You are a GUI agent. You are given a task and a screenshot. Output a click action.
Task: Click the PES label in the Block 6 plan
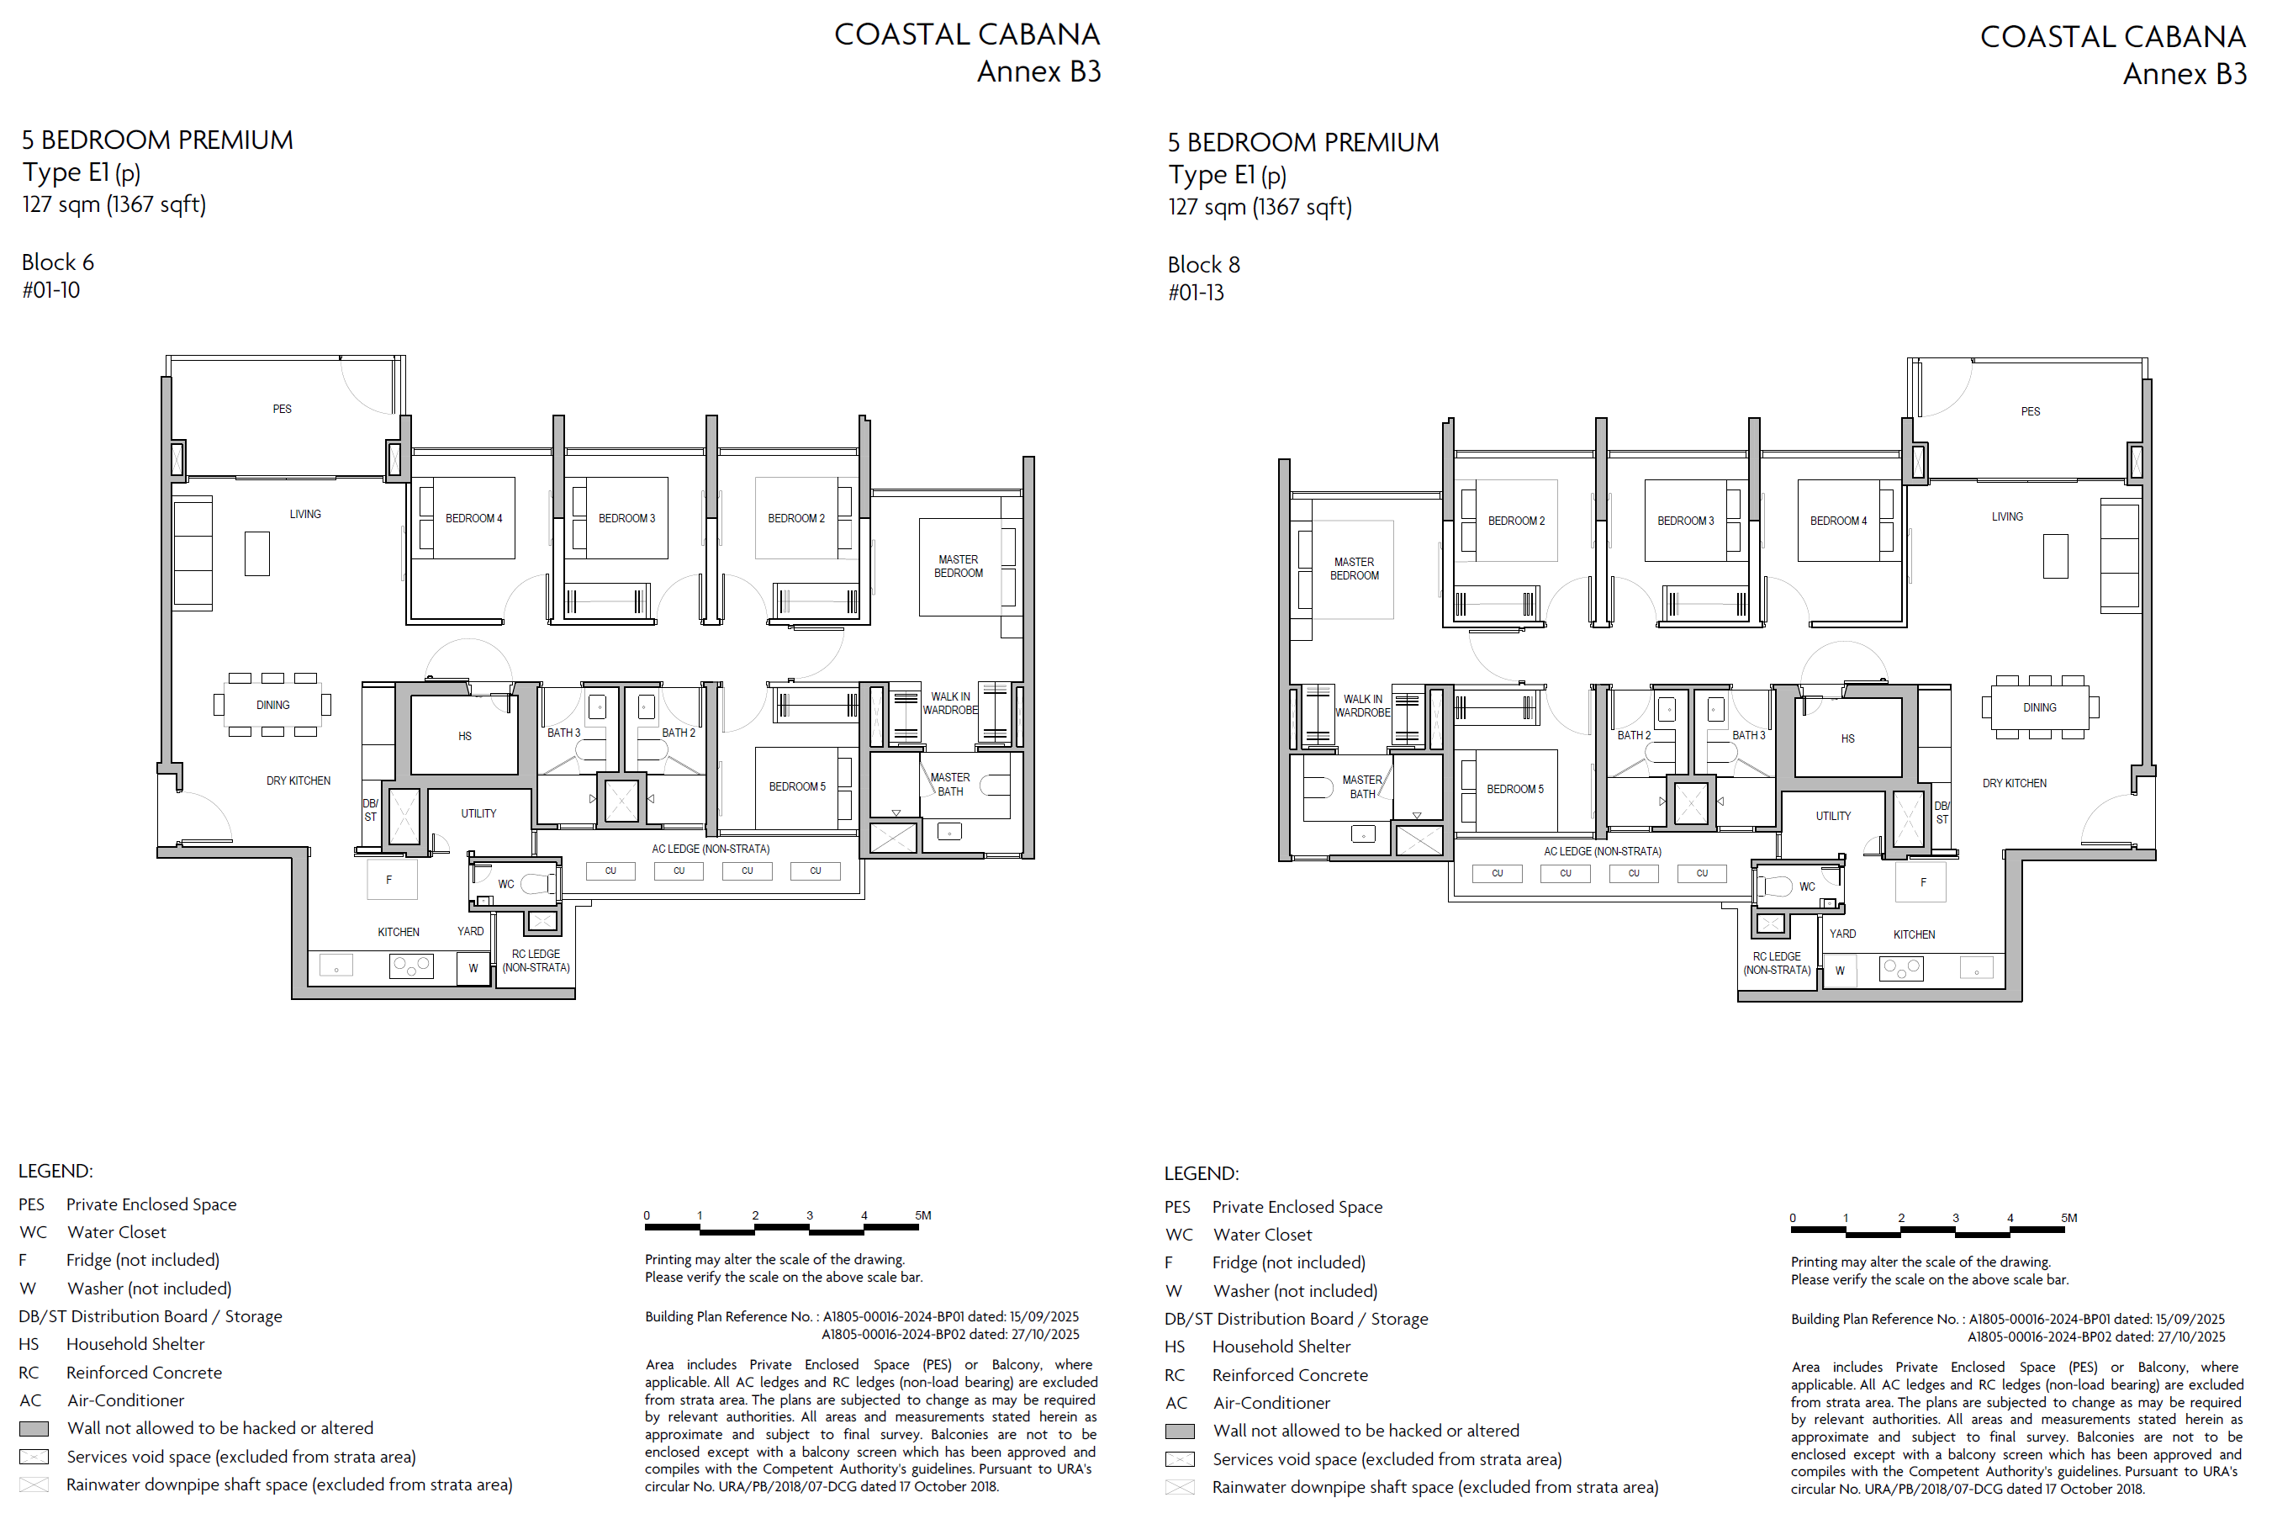coord(282,410)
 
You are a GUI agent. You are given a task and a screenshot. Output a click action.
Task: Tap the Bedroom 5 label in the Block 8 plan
coord(1514,789)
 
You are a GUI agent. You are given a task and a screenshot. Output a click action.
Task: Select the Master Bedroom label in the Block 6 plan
coord(958,567)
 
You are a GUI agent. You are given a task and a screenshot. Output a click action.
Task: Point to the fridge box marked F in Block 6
coord(392,880)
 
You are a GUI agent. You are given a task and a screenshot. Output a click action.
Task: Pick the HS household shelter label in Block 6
coord(464,737)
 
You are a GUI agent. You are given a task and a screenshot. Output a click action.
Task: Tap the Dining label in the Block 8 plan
coord(2039,707)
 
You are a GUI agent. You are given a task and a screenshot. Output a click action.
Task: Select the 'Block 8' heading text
coord(1204,264)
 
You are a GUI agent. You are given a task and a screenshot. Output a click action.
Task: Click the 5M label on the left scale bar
coord(923,1215)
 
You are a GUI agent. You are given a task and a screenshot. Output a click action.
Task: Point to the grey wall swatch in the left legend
coord(34,1429)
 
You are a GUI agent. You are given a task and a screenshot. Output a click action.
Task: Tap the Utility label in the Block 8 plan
coord(1833,817)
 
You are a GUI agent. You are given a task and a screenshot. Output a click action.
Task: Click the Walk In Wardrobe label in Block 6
coord(950,704)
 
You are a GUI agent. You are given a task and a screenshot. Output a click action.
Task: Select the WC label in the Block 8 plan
coord(1807,886)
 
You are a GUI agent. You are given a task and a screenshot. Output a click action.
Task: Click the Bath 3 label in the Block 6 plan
coord(563,733)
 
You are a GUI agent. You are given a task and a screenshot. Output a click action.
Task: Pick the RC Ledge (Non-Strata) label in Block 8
coord(1777,963)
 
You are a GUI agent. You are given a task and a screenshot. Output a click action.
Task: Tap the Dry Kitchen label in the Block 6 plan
coord(299,781)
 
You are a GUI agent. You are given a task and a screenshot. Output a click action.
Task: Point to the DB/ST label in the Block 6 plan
coord(370,811)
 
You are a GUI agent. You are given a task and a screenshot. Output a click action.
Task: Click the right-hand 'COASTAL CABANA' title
coord(2112,37)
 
